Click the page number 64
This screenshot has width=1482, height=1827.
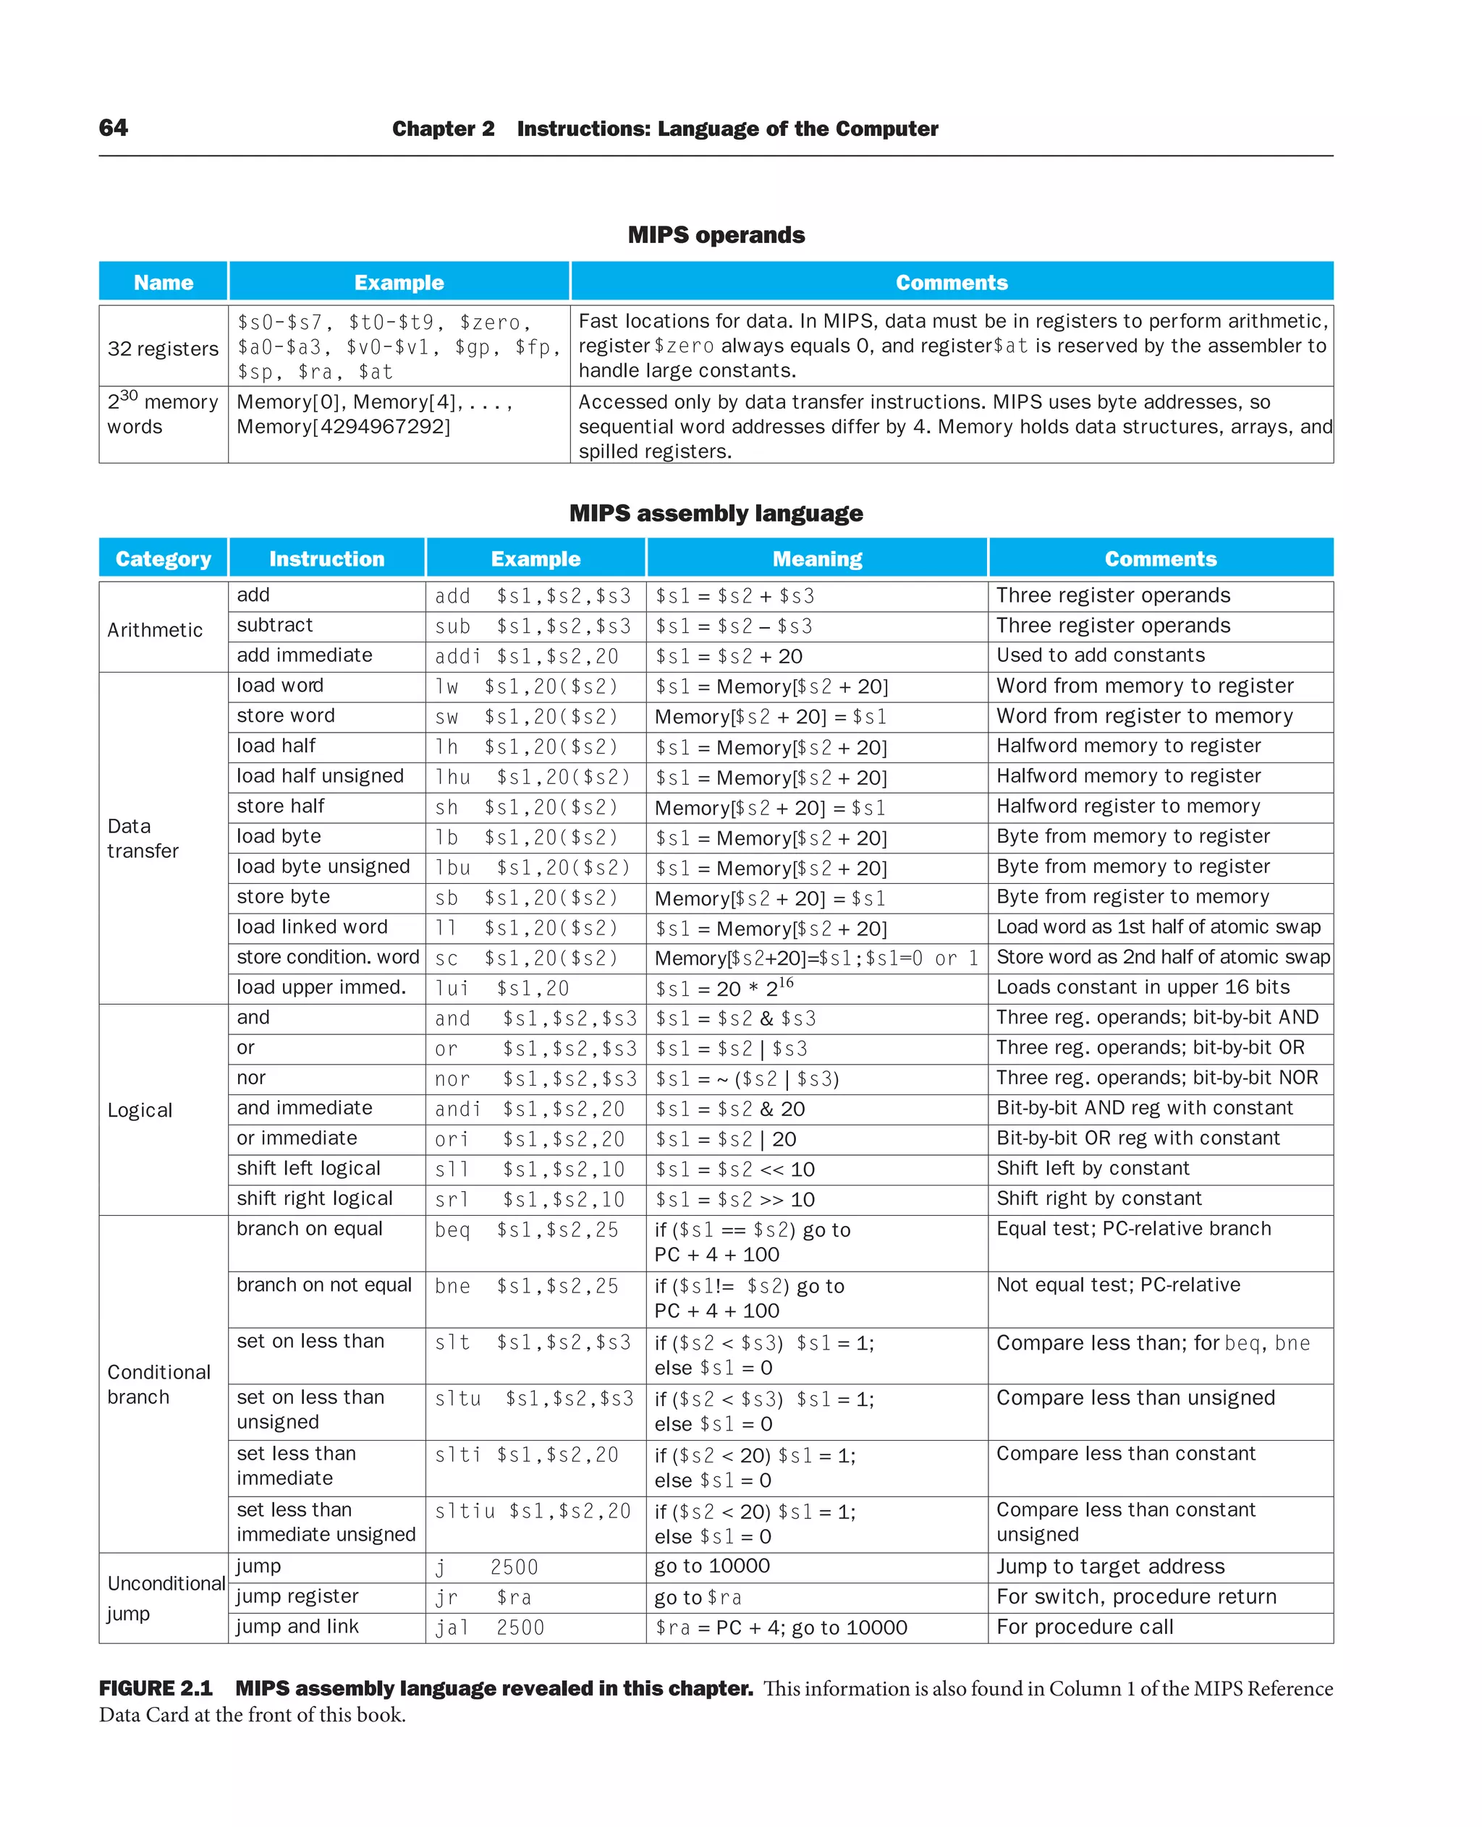pos(114,128)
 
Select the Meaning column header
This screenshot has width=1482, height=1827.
pos(817,559)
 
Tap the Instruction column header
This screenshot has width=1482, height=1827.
pos(327,559)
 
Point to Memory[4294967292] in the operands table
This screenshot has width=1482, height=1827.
pos(343,426)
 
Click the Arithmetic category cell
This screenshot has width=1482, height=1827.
pos(156,630)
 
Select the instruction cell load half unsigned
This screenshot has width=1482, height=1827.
pos(320,775)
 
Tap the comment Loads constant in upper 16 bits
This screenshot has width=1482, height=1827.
pos(1142,987)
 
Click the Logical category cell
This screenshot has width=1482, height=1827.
pos(140,1110)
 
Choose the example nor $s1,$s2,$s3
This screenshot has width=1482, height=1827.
pos(535,1078)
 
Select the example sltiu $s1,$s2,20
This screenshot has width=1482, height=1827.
pos(533,1511)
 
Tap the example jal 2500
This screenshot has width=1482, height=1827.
pos(489,1627)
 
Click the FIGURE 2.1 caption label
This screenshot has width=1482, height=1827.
pos(156,1689)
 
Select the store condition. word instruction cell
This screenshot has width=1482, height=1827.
pos(328,958)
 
